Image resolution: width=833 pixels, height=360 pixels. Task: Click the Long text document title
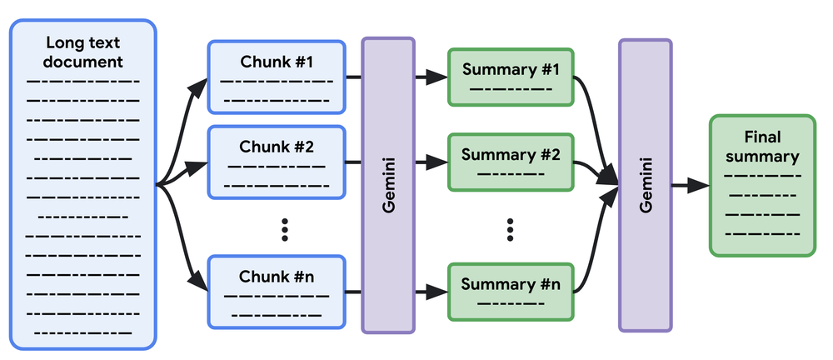[x=84, y=52]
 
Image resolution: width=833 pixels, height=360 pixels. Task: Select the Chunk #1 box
[x=277, y=77]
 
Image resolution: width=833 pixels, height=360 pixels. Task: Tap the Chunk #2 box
[x=277, y=162]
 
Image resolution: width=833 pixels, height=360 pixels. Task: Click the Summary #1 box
[x=510, y=77]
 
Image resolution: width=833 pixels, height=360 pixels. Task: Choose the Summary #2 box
[x=510, y=162]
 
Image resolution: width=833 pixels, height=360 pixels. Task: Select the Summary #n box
[x=510, y=291]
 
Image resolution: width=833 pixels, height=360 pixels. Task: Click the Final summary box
[x=761, y=184]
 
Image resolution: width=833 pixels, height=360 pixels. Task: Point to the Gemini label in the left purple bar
[x=388, y=186]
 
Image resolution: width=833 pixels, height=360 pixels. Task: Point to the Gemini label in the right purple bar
[x=646, y=186]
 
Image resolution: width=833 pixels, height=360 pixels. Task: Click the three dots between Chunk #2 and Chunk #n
[x=285, y=227]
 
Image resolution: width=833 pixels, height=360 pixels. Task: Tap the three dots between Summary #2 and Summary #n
[x=511, y=227]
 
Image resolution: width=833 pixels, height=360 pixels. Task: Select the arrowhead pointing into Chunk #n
[x=199, y=283]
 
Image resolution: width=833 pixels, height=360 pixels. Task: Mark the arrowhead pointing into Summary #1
[x=438, y=77]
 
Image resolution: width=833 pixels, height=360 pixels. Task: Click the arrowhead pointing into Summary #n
[x=438, y=292]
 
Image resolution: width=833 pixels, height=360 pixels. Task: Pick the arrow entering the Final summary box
[x=691, y=186]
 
